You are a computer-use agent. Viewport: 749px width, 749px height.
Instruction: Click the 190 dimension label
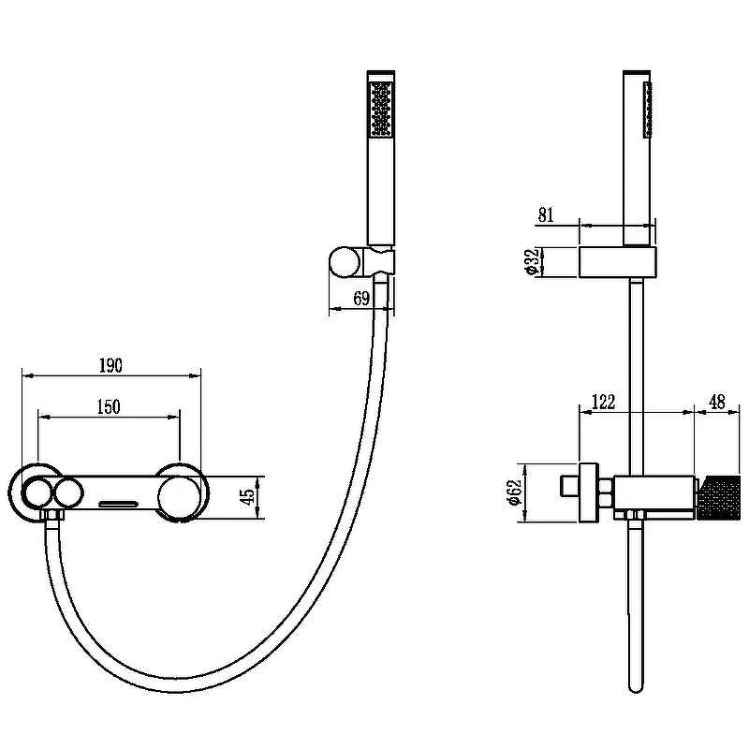110,365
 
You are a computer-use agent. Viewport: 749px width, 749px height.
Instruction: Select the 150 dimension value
109,407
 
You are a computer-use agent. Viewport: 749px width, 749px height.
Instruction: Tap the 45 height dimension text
248,497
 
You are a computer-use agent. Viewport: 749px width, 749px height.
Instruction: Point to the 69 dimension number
361,299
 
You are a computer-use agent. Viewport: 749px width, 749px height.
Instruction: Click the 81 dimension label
546,215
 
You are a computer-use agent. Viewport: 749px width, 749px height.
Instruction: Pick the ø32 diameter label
531,262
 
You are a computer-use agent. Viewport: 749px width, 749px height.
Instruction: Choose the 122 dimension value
603,402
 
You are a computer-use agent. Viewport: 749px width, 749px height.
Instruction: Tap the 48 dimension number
717,402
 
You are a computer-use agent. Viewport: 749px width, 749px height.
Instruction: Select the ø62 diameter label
514,492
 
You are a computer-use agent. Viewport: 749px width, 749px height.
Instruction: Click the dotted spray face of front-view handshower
381,109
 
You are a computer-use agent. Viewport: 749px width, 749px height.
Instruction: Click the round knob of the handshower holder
345,262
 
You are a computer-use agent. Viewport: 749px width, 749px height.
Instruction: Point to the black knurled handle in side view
719,497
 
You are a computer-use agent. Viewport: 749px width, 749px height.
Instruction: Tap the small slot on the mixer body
118,504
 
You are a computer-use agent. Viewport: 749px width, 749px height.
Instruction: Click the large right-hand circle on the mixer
178,493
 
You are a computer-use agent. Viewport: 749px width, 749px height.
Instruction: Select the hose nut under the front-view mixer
53,516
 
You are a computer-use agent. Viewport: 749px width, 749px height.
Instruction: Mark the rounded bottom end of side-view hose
636,688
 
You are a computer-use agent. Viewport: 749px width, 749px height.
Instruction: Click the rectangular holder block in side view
618,262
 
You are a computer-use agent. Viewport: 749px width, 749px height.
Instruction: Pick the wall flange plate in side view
589,492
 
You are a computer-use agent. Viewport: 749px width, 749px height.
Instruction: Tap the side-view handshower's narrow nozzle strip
648,110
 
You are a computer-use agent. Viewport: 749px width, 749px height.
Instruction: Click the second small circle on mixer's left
67,493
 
